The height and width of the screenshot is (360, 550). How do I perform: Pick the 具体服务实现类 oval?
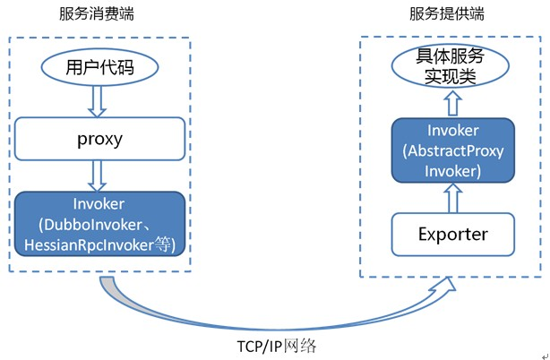[446, 67]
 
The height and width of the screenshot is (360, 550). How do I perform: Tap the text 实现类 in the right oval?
[446, 78]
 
